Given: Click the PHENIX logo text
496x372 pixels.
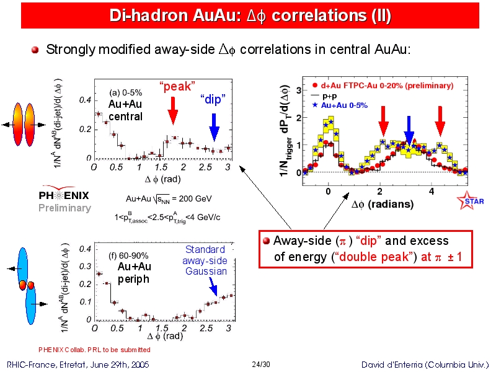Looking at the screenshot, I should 64,196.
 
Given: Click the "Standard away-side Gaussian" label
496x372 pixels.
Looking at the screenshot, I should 206,260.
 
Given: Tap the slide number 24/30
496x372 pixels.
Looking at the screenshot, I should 262,363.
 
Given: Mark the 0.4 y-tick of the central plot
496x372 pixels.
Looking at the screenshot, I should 85,100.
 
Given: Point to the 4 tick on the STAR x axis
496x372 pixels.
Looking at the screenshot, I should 432,191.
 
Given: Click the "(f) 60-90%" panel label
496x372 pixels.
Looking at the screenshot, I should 128,255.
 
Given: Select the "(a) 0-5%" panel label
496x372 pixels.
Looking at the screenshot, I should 126,93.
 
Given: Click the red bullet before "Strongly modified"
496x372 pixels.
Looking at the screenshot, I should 35,50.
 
